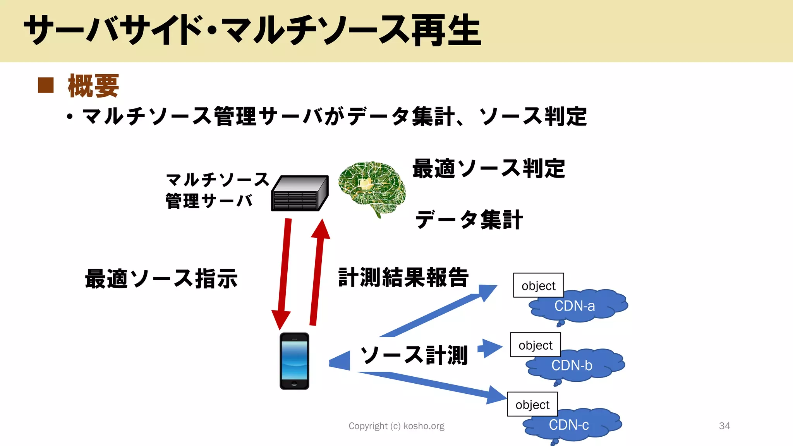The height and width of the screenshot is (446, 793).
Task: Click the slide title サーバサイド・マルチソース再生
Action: click(x=252, y=30)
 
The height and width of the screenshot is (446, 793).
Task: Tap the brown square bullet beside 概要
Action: click(x=46, y=86)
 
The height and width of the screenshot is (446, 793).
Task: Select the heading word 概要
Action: click(x=93, y=86)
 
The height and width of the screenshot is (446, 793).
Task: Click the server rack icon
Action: click(x=300, y=193)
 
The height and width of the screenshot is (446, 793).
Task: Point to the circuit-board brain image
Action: click(x=371, y=188)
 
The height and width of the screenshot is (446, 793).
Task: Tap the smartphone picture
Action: click(x=294, y=361)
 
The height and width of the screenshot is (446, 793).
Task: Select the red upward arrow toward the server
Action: click(x=318, y=271)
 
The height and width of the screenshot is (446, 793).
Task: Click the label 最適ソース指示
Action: click(x=161, y=279)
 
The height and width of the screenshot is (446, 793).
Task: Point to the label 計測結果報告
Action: click(x=403, y=278)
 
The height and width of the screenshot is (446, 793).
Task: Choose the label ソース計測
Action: click(x=414, y=355)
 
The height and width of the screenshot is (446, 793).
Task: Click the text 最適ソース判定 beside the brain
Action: click(x=489, y=169)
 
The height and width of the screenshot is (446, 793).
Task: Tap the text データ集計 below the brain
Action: click(x=469, y=220)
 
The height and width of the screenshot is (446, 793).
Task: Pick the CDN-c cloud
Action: click(x=573, y=425)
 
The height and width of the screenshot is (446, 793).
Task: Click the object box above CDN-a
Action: click(x=538, y=285)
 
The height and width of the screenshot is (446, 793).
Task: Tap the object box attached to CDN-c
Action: click(x=532, y=404)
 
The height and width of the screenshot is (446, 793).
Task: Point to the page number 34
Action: click(x=724, y=426)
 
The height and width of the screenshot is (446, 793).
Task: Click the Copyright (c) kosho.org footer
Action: click(x=396, y=426)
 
